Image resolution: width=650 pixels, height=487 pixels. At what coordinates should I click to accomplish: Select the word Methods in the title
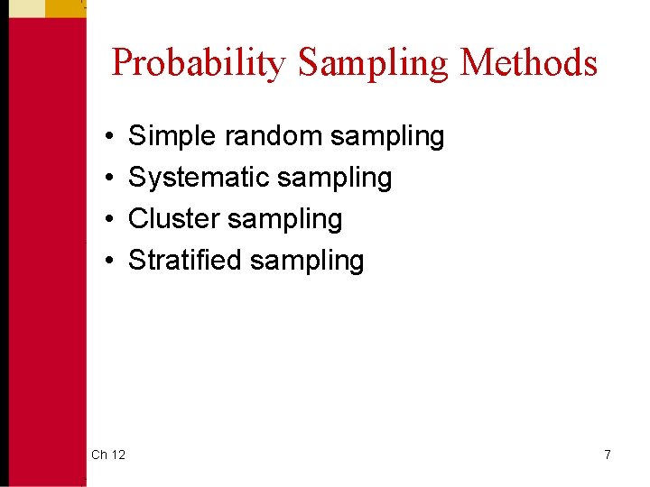coord(528,63)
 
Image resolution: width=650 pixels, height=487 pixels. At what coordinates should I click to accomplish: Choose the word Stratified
coord(185,261)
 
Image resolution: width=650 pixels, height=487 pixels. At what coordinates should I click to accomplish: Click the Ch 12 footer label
coord(108,455)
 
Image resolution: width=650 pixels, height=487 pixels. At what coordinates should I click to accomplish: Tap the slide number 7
coord(608,455)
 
